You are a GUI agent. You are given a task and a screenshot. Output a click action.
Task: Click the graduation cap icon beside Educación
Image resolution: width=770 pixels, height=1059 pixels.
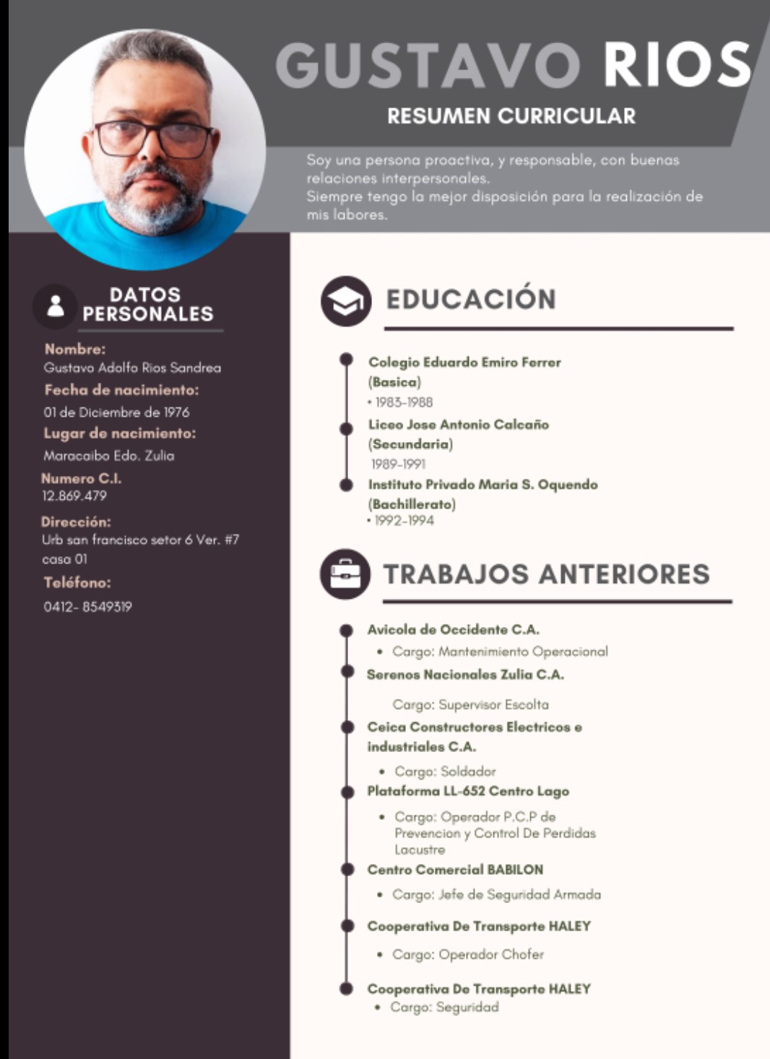[x=346, y=301]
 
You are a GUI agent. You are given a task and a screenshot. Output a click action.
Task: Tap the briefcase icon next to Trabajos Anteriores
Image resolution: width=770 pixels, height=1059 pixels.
[x=345, y=574]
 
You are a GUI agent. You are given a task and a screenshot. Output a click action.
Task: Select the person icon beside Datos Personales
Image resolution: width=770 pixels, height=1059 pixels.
[x=56, y=306]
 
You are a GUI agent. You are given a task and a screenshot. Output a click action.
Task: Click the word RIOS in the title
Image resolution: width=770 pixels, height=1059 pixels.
[x=677, y=65]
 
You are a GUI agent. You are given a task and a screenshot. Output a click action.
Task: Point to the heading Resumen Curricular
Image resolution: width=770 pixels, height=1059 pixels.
[x=511, y=116]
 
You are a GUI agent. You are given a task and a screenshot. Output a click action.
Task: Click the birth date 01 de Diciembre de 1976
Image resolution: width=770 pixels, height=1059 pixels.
[x=116, y=412]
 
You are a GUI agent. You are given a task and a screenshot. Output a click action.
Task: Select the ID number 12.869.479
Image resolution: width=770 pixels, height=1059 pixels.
[x=74, y=496]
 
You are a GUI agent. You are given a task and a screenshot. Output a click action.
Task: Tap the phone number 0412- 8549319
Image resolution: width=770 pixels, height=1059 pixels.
[x=87, y=607]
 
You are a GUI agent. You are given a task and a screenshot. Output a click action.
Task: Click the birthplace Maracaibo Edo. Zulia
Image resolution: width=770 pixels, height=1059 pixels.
[x=108, y=456]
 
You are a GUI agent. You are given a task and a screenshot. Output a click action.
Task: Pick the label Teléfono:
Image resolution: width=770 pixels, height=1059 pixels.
[x=77, y=583]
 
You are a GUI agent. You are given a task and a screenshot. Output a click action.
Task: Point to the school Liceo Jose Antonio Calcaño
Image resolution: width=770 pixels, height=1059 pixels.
[x=458, y=425]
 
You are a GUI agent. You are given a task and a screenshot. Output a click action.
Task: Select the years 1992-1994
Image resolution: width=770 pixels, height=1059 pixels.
[x=404, y=521]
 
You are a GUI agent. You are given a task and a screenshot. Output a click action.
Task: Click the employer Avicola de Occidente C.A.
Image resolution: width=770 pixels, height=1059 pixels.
[x=453, y=630]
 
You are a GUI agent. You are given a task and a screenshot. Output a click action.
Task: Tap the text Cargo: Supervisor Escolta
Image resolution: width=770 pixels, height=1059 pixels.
[x=470, y=704]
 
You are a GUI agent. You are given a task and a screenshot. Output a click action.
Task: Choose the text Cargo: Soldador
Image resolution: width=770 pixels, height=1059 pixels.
[x=445, y=771]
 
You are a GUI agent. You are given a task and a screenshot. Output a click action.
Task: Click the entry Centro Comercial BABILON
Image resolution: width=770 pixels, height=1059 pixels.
[x=455, y=870]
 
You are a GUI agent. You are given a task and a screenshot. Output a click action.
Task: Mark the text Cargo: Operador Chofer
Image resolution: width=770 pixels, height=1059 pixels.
[x=467, y=954]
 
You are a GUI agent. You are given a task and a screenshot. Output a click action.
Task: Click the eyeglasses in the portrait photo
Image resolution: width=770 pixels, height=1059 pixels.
[x=153, y=139]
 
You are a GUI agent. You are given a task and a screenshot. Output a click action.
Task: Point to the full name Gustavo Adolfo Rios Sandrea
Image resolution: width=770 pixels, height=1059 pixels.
[x=132, y=368]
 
